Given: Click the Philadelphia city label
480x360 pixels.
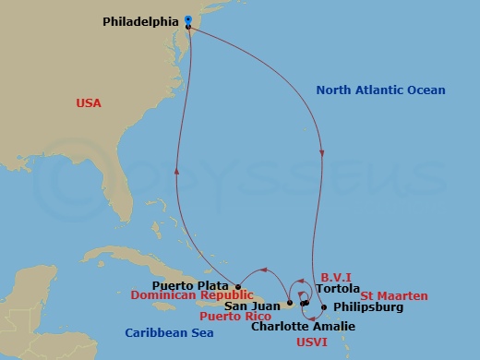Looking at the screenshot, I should coord(139,18).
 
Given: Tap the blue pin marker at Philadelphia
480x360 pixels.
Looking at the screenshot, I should coord(188,19).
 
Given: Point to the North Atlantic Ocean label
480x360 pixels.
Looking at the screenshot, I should coord(380,90).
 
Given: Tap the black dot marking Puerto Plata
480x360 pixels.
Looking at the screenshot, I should coord(237,286).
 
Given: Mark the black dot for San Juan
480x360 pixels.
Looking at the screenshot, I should coord(289,303).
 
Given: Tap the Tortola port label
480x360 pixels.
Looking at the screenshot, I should coord(337,288).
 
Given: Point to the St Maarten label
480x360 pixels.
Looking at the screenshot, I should coord(394,295).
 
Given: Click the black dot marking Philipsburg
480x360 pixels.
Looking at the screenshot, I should coord(323,307).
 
